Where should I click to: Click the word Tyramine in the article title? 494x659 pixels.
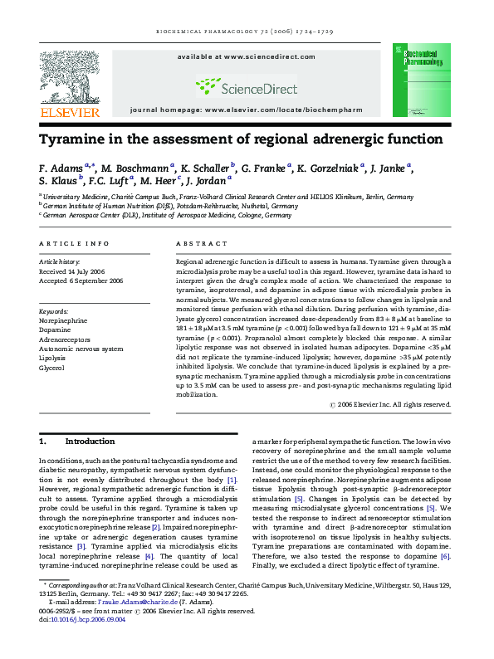pyautogui.click(x=77, y=139)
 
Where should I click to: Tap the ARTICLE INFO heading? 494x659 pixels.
pyautogui.click(x=74, y=243)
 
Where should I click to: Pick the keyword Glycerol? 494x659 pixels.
pyautogui.click(x=52, y=367)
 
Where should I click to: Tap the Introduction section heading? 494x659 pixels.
pyautogui.click(x=90, y=442)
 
